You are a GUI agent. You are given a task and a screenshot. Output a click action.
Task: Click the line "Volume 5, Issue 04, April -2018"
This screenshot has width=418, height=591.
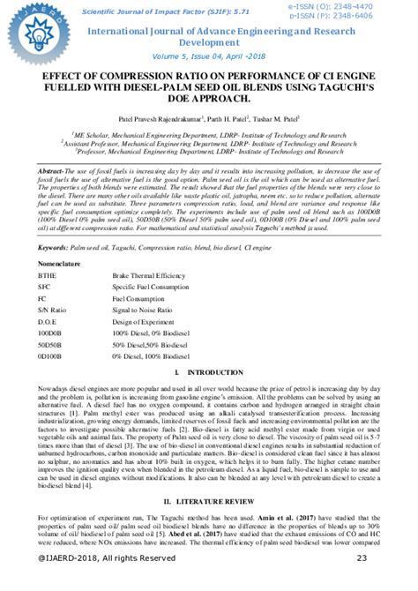(209, 55)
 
